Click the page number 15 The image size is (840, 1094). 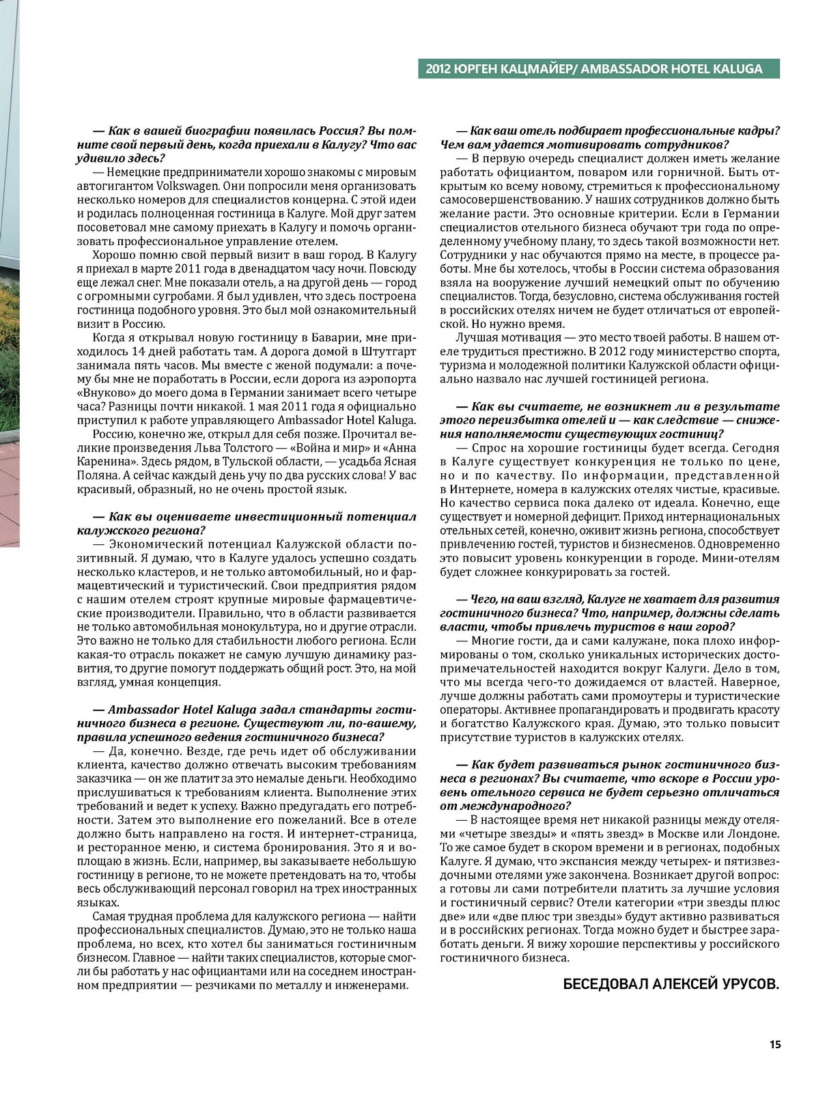point(775,1044)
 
